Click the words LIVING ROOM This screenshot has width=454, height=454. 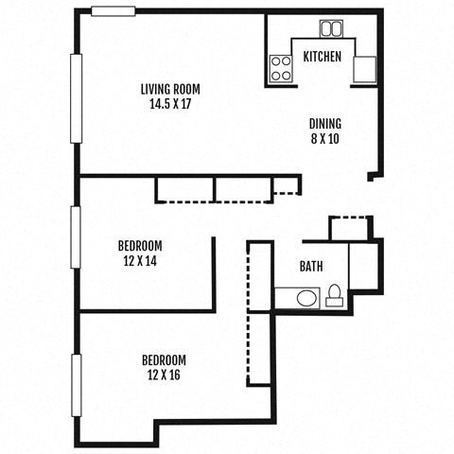pyautogui.click(x=170, y=89)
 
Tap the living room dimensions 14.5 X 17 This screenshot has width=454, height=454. pyautogui.click(x=170, y=103)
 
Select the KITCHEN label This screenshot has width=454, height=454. pyautogui.click(x=322, y=57)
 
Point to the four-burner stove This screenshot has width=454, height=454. pyautogui.click(x=281, y=68)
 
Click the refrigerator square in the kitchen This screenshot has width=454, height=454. pyautogui.click(x=365, y=69)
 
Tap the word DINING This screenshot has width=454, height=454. pyautogui.click(x=324, y=123)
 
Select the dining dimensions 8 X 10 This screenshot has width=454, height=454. pyautogui.click(x=324, y=137)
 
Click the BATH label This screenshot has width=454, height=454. pyautogui.click(x=312, y=267)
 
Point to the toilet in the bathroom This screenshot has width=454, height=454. pyautogui.click(x=335, y=296)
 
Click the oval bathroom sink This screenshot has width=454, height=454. pyautogui.click(x=307, y=299)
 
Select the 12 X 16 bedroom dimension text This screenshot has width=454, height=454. pyautogui.click(x=163, y=375)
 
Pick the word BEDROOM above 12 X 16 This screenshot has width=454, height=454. pyautogui.click(x=163, y=360)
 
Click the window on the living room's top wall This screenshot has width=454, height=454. pyautogui.click(x=113, y=11)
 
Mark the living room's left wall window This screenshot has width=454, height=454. pyautogui.click(x=76, y=98)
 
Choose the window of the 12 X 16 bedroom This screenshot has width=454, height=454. pyautogui.click(x=76, y=384)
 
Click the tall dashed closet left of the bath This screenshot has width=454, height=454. pyautogui.click(x=259, y=313)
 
